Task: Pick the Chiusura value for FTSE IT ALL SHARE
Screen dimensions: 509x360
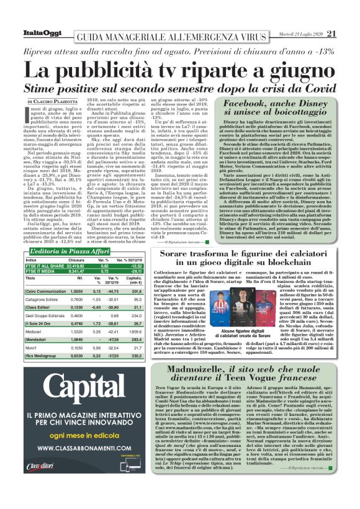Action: pyautogui.click(x=76, y=264)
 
